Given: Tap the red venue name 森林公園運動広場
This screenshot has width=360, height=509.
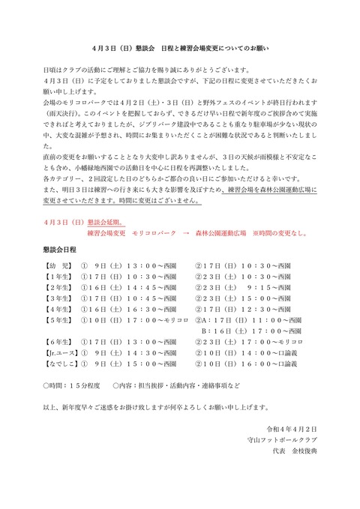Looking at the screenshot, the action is pyautogui.click(x=231, y=233).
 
